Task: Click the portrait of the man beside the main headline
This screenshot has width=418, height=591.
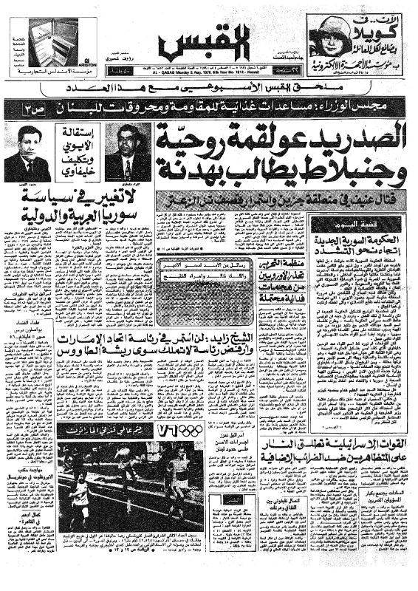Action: pos(127,151)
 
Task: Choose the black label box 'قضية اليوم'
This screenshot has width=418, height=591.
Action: pos(335,225)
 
